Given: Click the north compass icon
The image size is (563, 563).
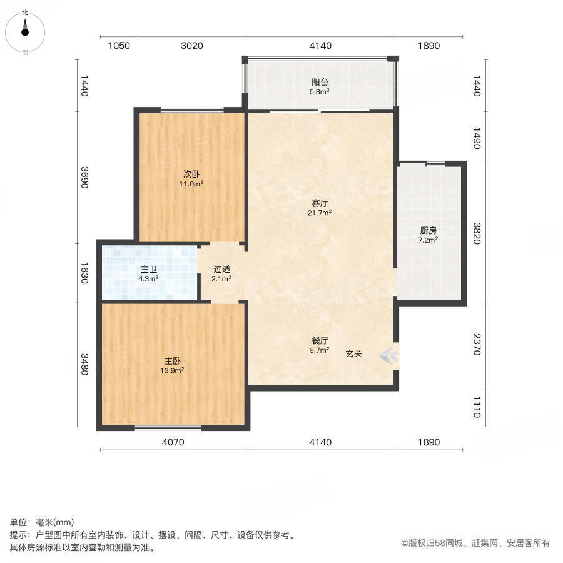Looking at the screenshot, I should click(25, 29).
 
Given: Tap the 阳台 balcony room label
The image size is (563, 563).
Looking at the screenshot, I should click(320, 82).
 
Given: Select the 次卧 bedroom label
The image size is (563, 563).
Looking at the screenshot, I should click(191, 175).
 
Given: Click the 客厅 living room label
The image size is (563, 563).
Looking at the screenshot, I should click(320, 203).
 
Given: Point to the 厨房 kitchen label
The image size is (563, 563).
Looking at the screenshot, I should click(428, 230).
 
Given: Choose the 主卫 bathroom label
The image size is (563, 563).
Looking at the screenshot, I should click(148, 270).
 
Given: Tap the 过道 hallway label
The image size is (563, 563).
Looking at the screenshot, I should click(221, 270).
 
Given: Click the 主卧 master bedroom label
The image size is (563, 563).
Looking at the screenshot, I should click(173, 361).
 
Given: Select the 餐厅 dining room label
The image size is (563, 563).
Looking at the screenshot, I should click(320, 341).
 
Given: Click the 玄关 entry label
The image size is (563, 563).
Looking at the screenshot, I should click(354, 353).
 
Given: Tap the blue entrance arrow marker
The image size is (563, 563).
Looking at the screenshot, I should click(388, 356).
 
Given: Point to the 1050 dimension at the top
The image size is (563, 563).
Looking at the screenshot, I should click(119, 46).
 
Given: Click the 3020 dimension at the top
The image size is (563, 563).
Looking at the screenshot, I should click(191, 46).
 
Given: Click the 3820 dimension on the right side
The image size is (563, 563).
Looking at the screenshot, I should click(477, 233).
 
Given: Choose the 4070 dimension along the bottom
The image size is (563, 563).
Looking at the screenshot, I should click(173, 443).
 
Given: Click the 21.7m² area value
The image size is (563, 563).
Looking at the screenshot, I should click(320, 213).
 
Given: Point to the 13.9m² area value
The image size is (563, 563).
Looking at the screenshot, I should click(173, 370).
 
